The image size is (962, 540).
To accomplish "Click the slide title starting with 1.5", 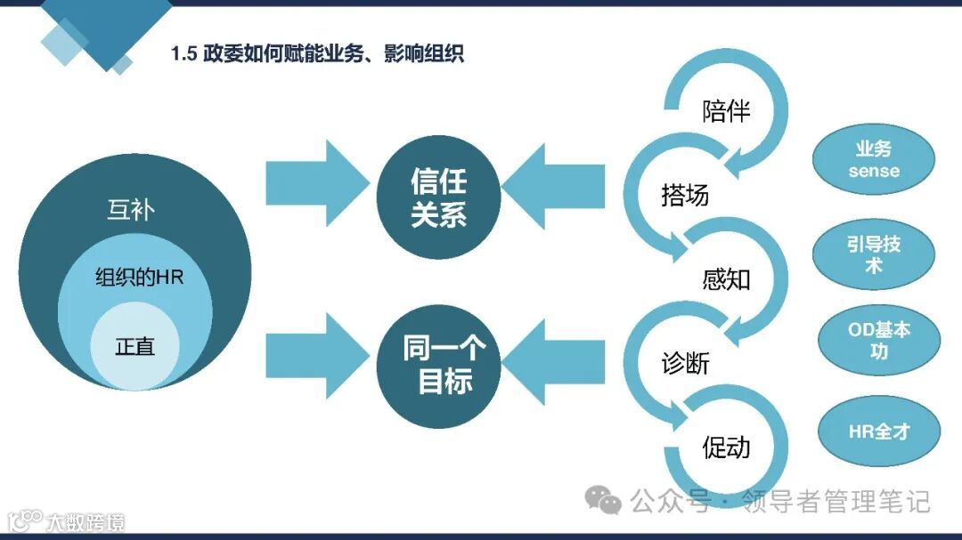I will pos(317,54).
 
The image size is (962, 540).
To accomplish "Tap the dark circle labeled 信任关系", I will pos(438,197).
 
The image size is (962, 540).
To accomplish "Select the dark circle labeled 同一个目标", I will pos(438,365).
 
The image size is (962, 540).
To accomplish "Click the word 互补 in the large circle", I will pos(131,212).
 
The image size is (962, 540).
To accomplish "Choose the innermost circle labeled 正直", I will pos(135,347).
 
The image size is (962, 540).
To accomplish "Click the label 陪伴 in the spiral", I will pos(726,111).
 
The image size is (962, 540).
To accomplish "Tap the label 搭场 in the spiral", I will pos(685,195).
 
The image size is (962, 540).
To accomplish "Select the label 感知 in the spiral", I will pos(726,279).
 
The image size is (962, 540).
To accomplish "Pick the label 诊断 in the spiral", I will pos(685,364).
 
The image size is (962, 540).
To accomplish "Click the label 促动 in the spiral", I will pos(726,447).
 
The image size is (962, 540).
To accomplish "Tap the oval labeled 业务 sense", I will pos(874,160).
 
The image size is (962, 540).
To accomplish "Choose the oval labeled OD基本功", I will pos(878,339).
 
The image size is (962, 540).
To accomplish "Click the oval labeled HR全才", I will pos(878,432).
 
